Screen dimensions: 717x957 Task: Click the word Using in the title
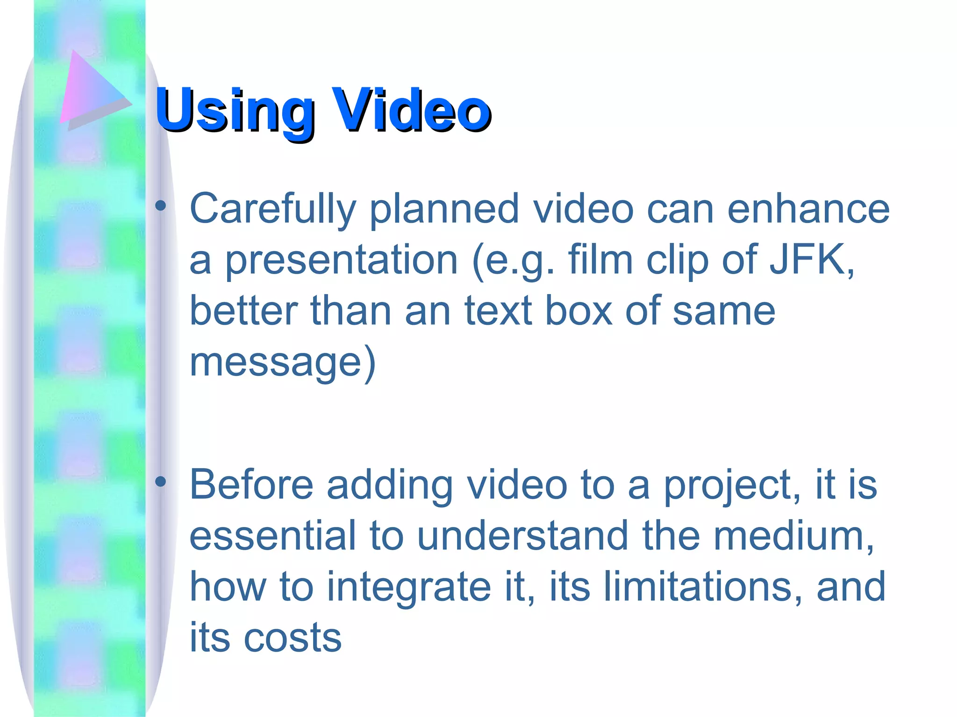[x=234, y=111]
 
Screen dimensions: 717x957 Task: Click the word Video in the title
[x=412, y=111]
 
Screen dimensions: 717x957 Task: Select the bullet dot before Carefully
[x=161, y=206]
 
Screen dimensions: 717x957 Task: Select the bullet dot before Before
[x=161, y=482]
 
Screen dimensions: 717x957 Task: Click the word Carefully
[x=273, y=209]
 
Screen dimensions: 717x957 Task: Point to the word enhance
[x=808, y=209]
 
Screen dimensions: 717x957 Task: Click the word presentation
[x=342, y=260]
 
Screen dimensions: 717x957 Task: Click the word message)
[x=282, y=363]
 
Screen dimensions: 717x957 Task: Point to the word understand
[x=522, y=536]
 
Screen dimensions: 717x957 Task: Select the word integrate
[x=409, y=588]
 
